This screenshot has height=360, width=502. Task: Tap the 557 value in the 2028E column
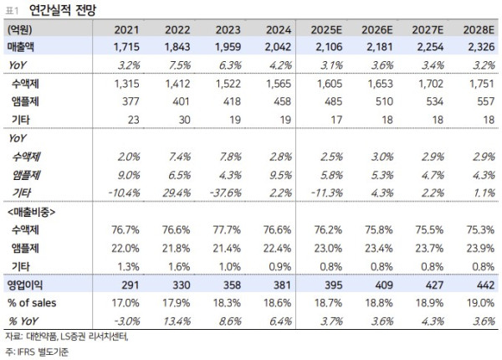(x=473, y=101)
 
